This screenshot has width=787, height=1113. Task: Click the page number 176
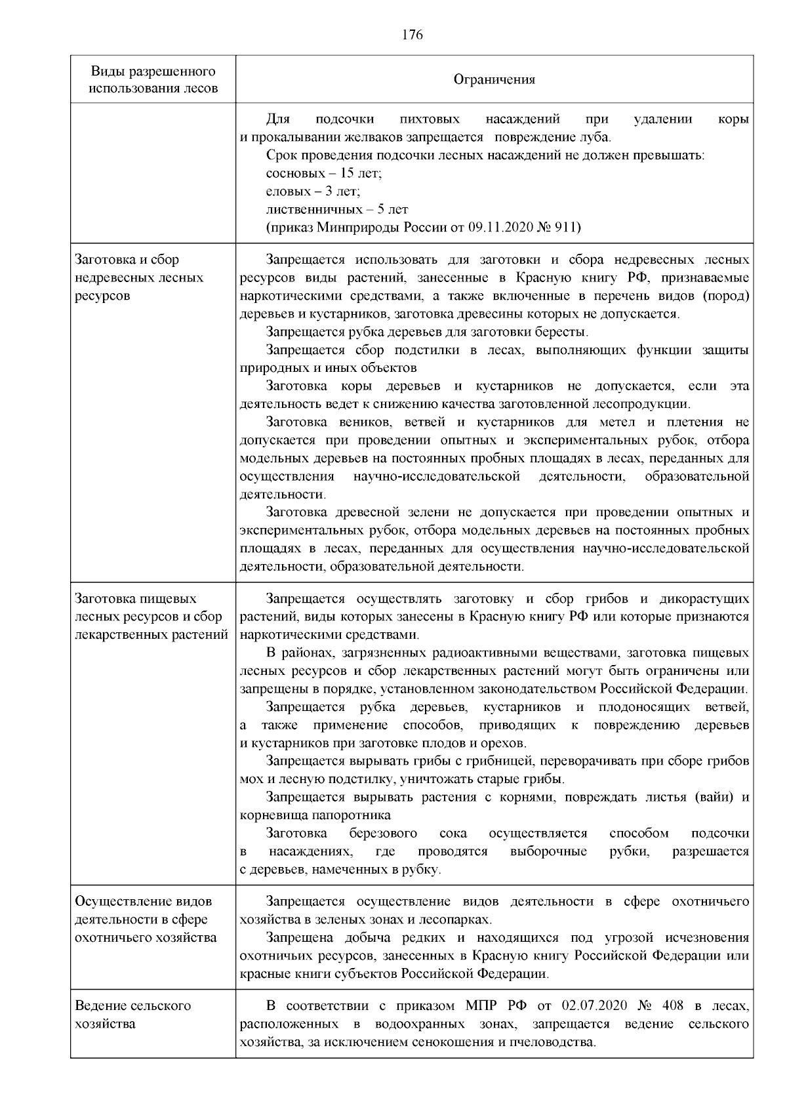(x=412, y=35)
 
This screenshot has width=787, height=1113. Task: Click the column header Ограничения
(x=494, y=80)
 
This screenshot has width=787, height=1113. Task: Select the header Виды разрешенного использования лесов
(x=153, y=79)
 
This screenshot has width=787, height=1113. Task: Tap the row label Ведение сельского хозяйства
(x=133, y=1015)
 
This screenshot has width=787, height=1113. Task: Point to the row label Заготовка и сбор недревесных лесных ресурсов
(x=140, y=277)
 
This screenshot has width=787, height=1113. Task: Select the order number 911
(x=566, y=228)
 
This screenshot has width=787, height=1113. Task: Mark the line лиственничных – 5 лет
(x=337, y=210)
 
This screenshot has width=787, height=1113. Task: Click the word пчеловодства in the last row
(x=558, y=1042)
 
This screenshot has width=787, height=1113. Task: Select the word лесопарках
(x=458, y=920)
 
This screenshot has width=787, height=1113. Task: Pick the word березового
(x=383, y=834)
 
